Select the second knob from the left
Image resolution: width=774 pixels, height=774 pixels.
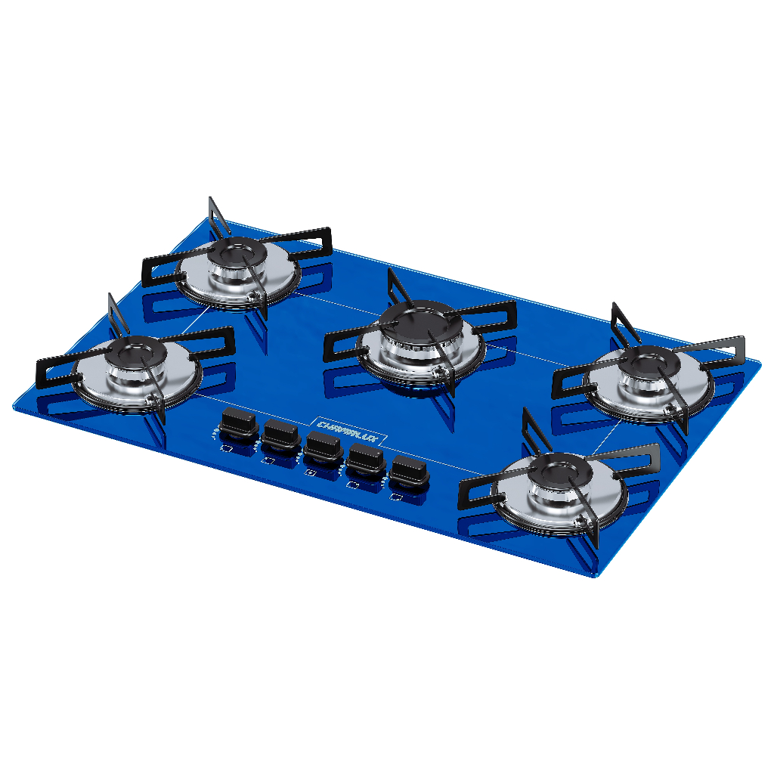[280, 435]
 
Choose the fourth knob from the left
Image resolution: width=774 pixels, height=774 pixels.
[365, 458]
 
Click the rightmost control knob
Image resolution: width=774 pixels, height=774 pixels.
[410, 470]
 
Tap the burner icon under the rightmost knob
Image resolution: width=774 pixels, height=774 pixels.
[395, 497]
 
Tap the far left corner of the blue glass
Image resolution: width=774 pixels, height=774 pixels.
[16, 404]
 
